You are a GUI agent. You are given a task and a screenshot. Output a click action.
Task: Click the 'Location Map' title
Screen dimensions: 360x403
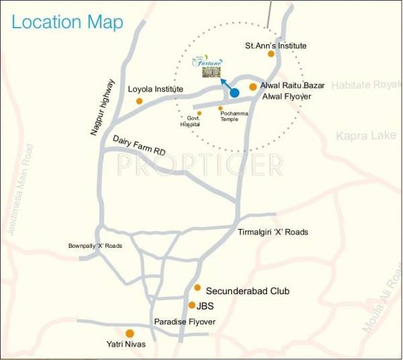tap(67, 22)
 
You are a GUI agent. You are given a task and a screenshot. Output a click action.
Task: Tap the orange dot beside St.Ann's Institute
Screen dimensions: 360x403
tap(271, 54)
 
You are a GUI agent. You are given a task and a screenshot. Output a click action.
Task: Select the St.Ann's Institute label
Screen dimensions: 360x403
tap(275, 46)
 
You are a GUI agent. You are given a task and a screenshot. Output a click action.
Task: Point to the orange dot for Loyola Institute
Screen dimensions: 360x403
tap(139, 101)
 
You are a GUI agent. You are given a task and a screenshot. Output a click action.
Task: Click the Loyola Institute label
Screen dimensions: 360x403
tap(155, 88)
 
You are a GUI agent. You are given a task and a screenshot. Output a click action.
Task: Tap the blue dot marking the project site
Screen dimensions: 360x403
tap(234, 93)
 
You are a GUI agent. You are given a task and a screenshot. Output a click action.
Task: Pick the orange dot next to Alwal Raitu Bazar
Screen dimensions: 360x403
tap(253, 87)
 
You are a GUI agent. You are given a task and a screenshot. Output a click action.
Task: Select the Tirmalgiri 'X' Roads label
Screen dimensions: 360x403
tap(273, 232)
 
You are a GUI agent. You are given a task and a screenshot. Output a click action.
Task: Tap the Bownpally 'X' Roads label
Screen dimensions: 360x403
tap(95, 246)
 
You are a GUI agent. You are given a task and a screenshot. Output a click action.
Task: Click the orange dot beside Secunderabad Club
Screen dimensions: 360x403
tap(197, 287)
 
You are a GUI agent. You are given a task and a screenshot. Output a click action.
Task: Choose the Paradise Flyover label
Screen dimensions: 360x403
tap(185, 322)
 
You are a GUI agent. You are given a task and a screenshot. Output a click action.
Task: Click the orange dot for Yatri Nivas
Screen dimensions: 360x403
tap(130, 333)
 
